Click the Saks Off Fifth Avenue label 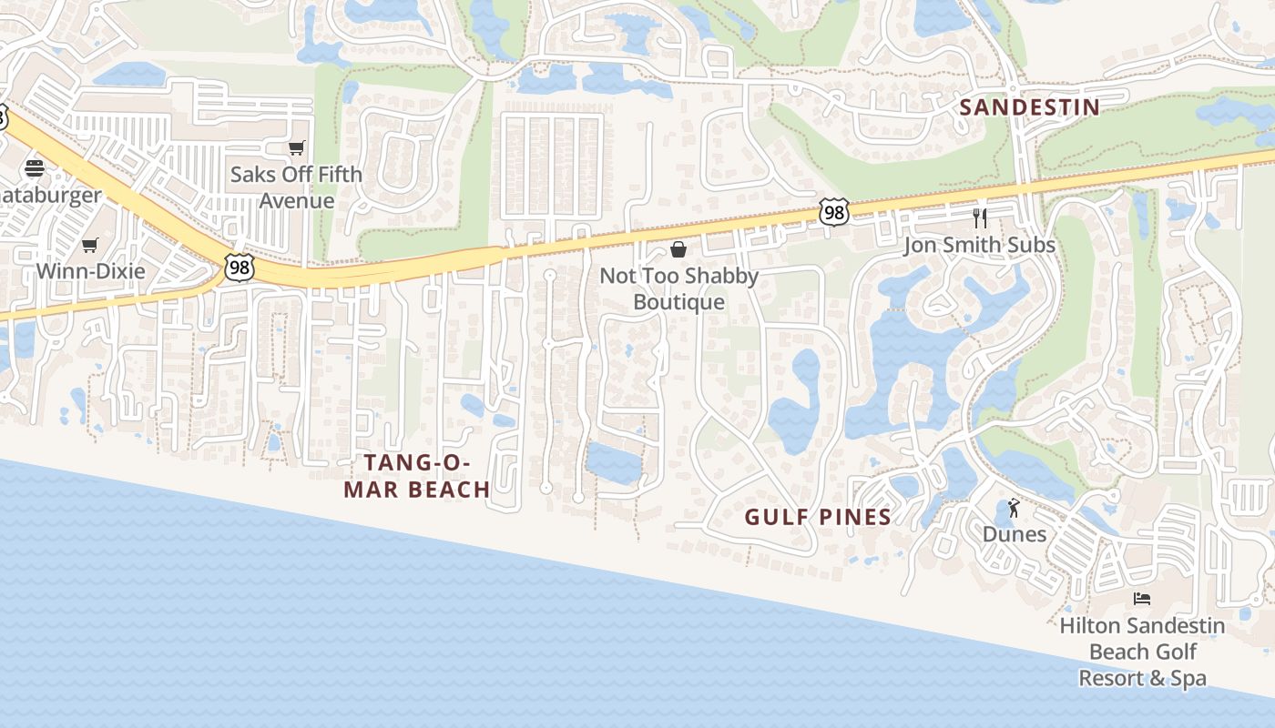click(296, 187)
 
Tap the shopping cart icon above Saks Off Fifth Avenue click(296, 147)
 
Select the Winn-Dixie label click(90, 270)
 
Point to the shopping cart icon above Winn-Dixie click(89, 245)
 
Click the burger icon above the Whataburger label click(35, 168)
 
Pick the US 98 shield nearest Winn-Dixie click(239, 268)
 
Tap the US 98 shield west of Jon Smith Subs click(833, 212)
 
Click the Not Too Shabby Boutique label click(678, 288)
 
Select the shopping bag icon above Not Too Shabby click(678, 248)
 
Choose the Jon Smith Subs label click(979, 245)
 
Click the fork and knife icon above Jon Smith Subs click(980, 218)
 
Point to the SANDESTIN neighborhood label click(1030, 107)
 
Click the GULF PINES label click(818, 517)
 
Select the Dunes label click(1015, 534)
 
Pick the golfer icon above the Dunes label click(1015, 509)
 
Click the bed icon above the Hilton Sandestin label click(1142, 599)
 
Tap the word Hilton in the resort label click(1089, 626)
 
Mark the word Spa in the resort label click(1188, 678)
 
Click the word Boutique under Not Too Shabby click(679, 302)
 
